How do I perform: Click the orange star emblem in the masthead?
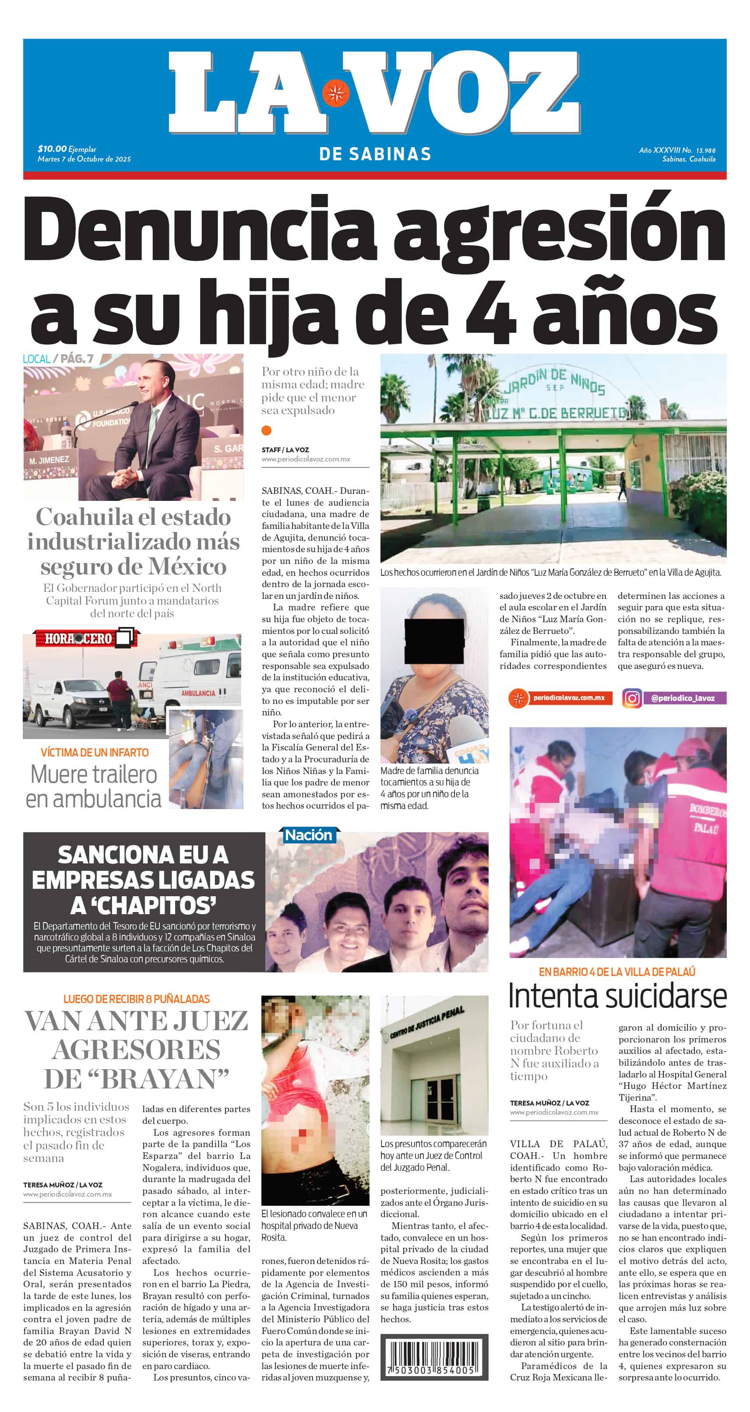[x=335, y=93]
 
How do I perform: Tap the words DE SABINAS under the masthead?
[x=375, y=154]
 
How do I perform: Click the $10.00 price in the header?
[x=52, y=148]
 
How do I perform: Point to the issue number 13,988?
[x=706, y=150]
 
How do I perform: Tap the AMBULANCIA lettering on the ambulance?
[x=198, y=694]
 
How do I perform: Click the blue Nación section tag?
[x=308, y=835]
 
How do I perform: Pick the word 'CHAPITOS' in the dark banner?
[x=144, y=905]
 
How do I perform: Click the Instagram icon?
[x=632, y=698]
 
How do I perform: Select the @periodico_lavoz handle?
[x=683, y=698]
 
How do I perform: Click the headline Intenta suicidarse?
[x=617, y=996]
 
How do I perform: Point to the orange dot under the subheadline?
[x=267, y=430]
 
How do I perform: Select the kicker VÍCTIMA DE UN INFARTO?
[x=94, y=753]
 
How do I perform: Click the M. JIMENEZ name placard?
[x=49, y=460]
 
